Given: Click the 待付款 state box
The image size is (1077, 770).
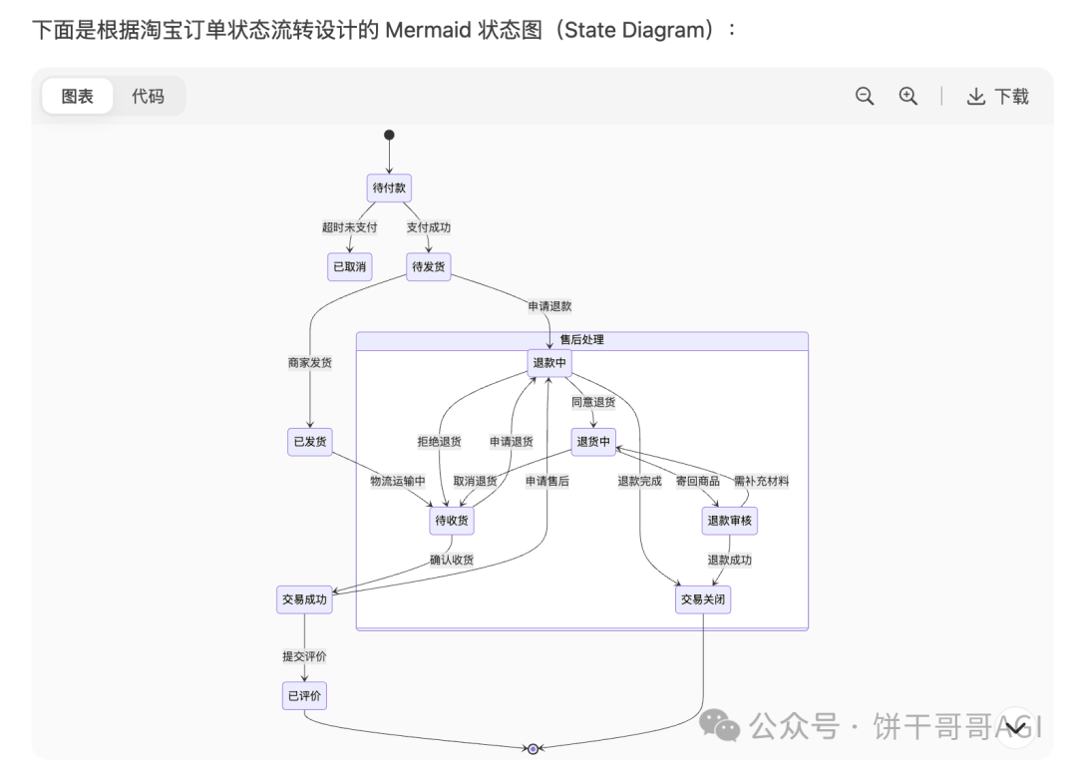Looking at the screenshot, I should coord(389,188).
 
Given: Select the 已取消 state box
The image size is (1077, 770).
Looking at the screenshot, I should coord(349,266).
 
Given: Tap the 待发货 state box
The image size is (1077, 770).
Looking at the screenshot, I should coord(429,266).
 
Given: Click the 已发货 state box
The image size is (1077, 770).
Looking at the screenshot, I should coord(309,441).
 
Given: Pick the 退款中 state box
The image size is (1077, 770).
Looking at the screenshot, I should coord(549,363).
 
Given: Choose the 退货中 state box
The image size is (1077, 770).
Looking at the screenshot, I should coord(593,441).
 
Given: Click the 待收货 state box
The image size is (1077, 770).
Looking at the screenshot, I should coord(452,520).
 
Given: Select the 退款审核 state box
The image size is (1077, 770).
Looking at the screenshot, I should coord(730,520).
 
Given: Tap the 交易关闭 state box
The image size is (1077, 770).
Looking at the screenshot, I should coord(703,599).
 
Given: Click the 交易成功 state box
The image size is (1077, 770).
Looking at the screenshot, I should coord(304,599).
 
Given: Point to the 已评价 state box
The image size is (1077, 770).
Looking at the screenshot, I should coord(304,696).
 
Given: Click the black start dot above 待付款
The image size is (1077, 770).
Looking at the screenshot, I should coord(389,135).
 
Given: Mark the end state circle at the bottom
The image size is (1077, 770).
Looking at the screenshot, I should coord(533,748).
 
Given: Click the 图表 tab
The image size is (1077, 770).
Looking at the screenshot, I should coord(78,97).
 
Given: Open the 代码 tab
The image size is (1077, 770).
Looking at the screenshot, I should coord(148,97).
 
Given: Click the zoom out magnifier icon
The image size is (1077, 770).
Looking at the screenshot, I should coord(865,96).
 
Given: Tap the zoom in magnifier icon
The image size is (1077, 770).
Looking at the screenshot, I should coord(907,96).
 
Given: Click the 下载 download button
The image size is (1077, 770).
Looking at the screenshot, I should coord(997,97).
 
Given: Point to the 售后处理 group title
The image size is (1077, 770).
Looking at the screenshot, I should coord(581,340).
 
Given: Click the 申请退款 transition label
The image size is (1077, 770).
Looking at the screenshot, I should coord(549,306).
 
